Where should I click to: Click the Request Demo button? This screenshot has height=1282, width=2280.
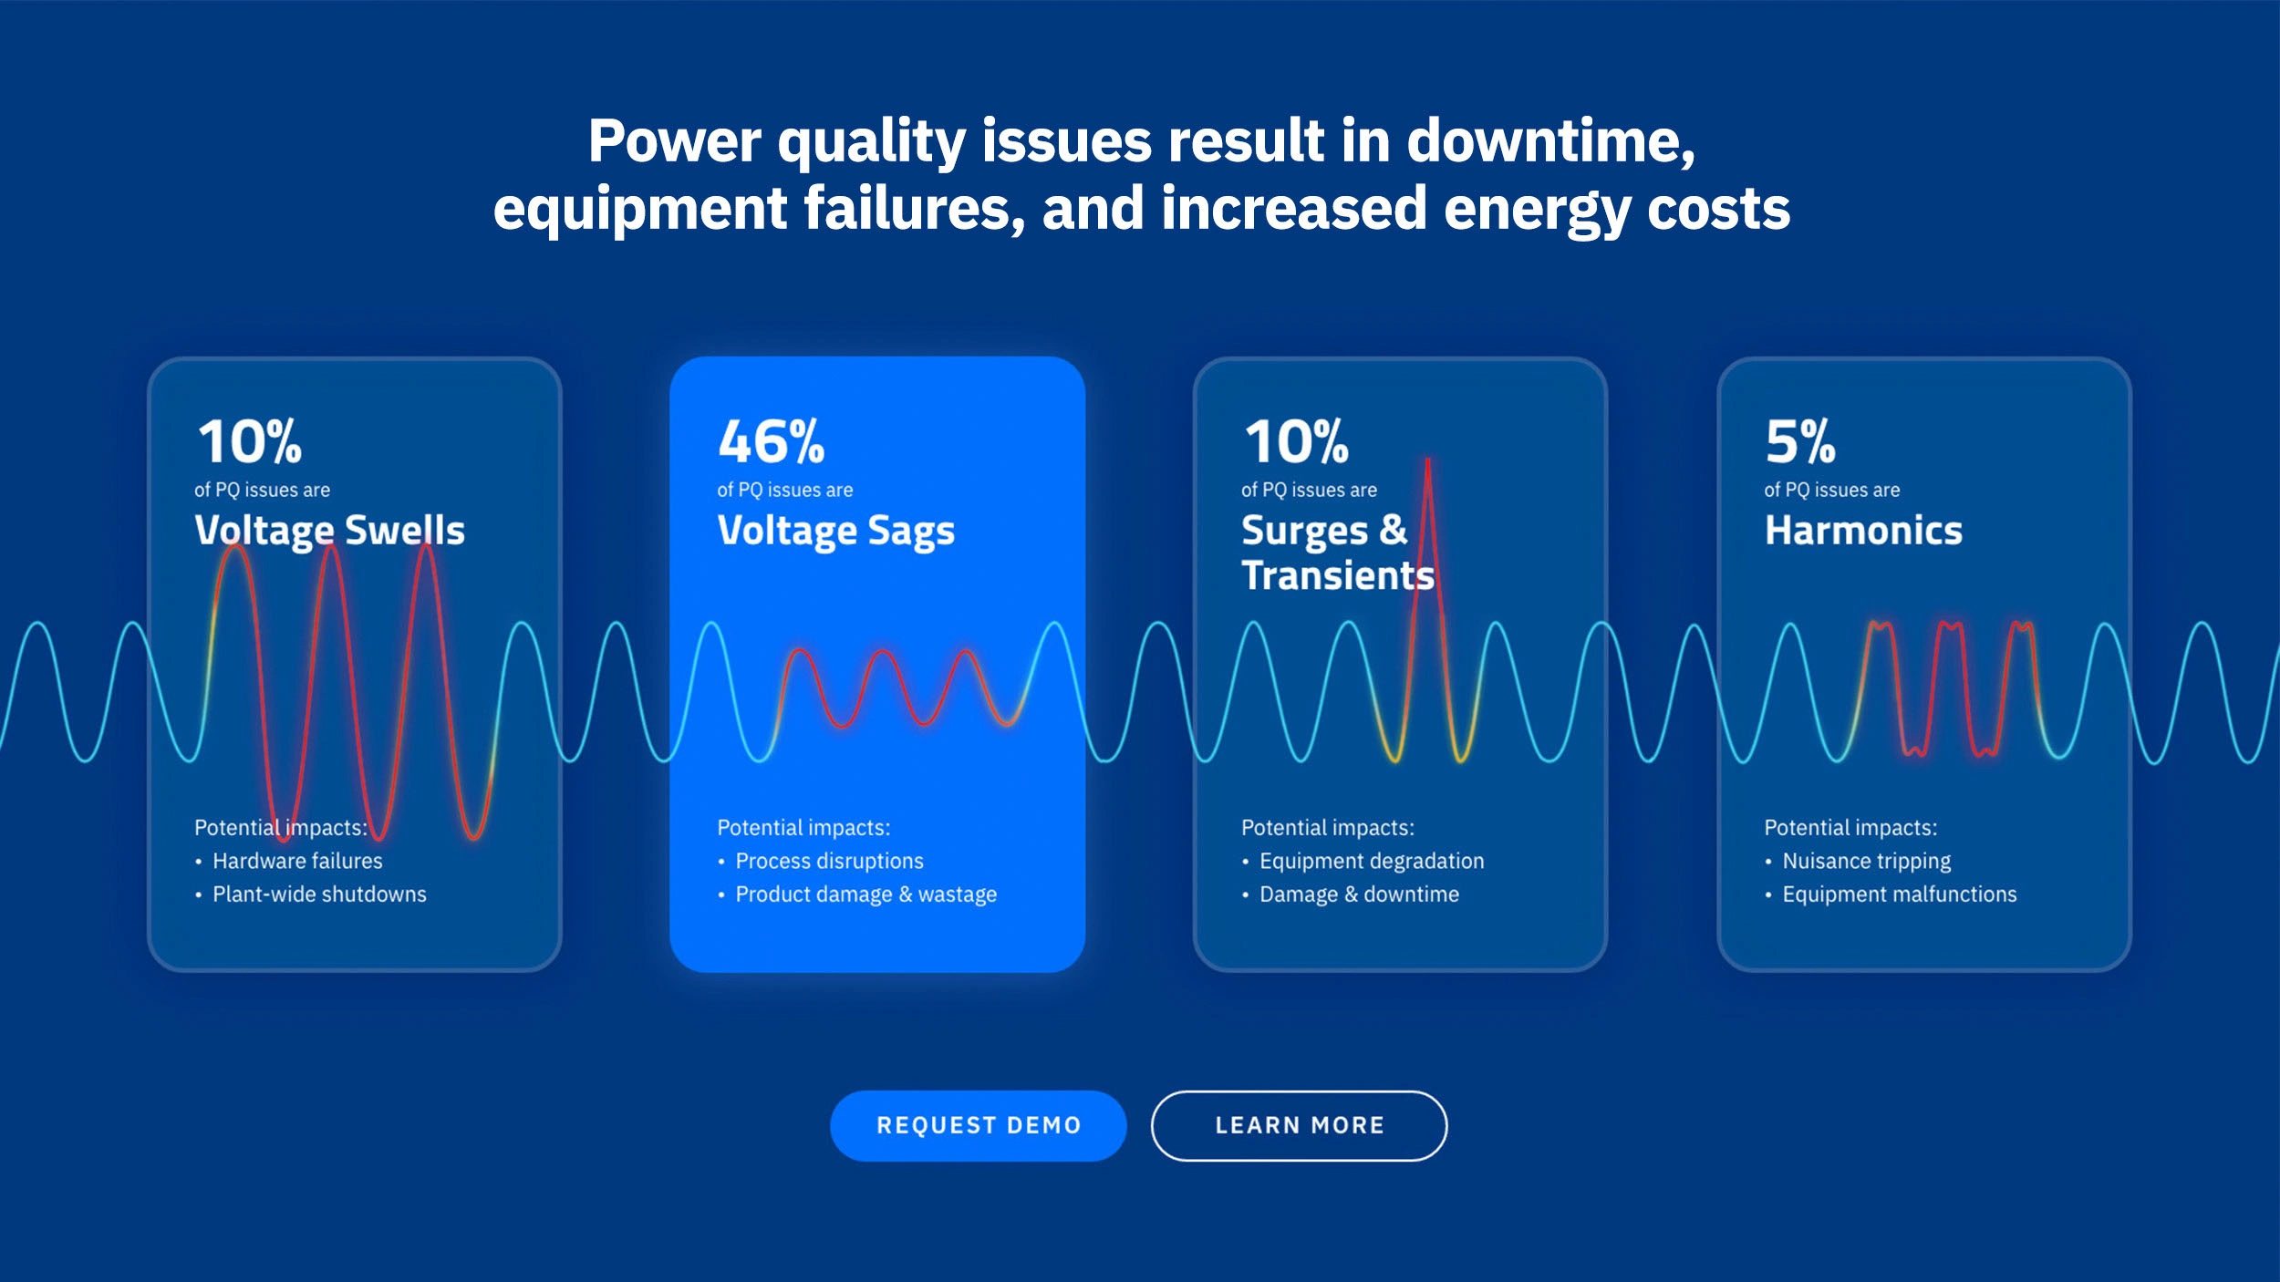(x=978, y=1125)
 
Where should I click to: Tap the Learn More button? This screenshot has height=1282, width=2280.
(x=1299, y=1125)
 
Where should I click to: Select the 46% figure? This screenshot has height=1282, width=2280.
(x=772, y=441)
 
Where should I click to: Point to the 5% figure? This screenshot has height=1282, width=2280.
(x=1800, y=441)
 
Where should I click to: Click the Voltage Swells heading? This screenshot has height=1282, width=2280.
(x=329, y=531)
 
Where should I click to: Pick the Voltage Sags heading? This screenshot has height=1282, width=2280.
(x=836, y=531)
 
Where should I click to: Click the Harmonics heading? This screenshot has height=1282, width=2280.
(x=1863, y=530)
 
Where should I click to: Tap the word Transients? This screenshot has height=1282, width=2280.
(x=1338, y=575)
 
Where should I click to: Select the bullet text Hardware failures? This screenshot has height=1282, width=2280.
(x=297, y=861)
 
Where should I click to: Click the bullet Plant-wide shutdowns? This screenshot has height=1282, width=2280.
(x=319, y=894)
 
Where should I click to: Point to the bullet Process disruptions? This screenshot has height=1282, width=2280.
(x=829, y=861)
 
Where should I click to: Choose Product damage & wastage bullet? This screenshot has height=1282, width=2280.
(x=865, y=894)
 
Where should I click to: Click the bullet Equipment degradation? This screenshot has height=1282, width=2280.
(x=1372, y=861)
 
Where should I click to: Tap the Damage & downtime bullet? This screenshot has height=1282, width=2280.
(x=1359, y=894)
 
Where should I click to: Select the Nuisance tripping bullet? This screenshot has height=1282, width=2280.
(x=1866, y=861)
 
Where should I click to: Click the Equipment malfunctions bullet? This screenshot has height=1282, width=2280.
(x=1900, y=894)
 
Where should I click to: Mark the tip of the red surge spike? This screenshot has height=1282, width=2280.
(x=1427, y=460)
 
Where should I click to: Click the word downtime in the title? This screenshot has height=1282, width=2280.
(x=1550, y=142)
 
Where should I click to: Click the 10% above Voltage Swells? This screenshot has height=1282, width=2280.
(x=250, y=441)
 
